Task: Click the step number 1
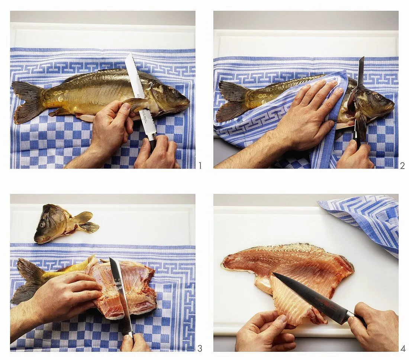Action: tap(200, 165)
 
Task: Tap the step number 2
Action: tap(402, 165)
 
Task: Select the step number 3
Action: tap(200, 348)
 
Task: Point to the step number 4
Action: tap(403, 348)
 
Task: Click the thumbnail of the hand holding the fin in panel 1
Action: tap(127, 107)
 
